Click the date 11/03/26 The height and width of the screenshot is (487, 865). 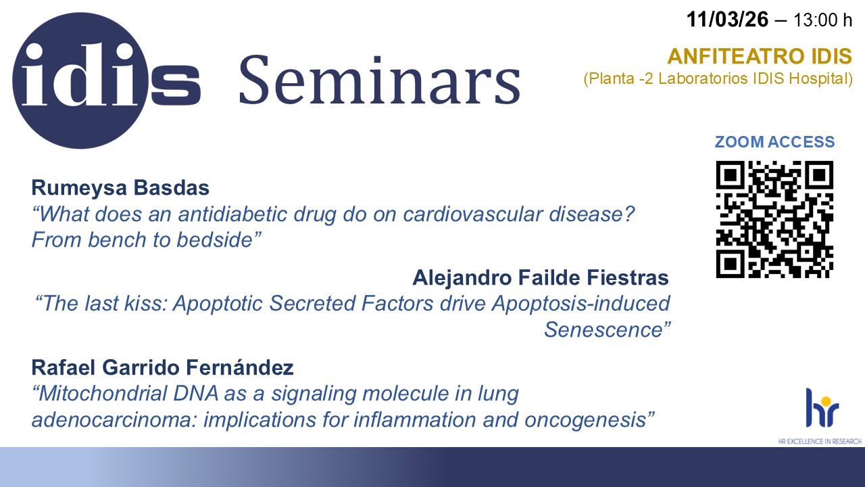tap(727, 20)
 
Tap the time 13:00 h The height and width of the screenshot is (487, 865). tap(822, 20)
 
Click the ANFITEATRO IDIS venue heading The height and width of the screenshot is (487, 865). tap(760, 56)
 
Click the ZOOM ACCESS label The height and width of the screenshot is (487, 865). tap(774, 142)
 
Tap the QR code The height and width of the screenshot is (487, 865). tap(774, 219)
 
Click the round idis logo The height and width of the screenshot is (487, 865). tap(80, 80)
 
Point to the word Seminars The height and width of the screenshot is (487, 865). tap(380, 80)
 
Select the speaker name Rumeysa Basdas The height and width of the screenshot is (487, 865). tap(120, 188)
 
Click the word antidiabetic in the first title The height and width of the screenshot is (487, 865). tap(232, 214)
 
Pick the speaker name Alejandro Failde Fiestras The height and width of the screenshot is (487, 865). tap(541, 278)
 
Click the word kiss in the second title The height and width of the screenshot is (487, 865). tap(145, 304)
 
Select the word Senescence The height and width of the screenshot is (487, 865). tap(603, 329)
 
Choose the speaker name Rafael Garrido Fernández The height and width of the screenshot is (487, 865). tap(163, 367)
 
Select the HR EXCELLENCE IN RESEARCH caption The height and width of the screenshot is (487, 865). tap(820, 441)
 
